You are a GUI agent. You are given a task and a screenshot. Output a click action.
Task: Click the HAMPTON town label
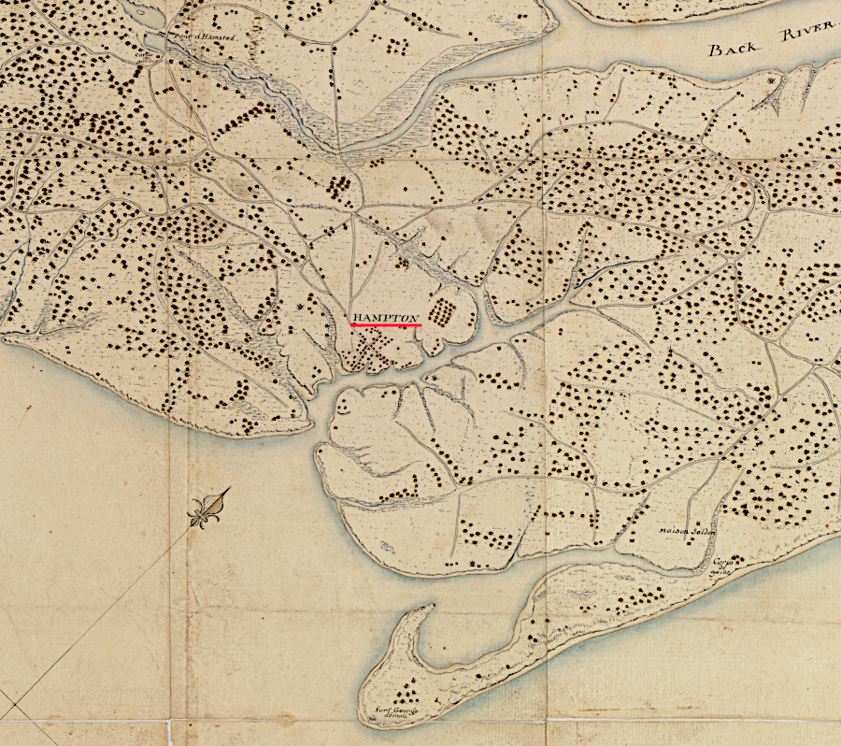click(x=386, y=318)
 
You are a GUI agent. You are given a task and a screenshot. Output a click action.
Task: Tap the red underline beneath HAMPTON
click(x=386, y=325)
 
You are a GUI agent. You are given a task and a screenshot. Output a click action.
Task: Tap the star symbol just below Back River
click(x=771, y=82)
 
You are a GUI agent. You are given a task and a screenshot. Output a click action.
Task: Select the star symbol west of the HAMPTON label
click(x=299, y=307)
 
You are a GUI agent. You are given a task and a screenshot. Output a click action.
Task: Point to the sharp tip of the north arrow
click(x=229, y=489)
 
